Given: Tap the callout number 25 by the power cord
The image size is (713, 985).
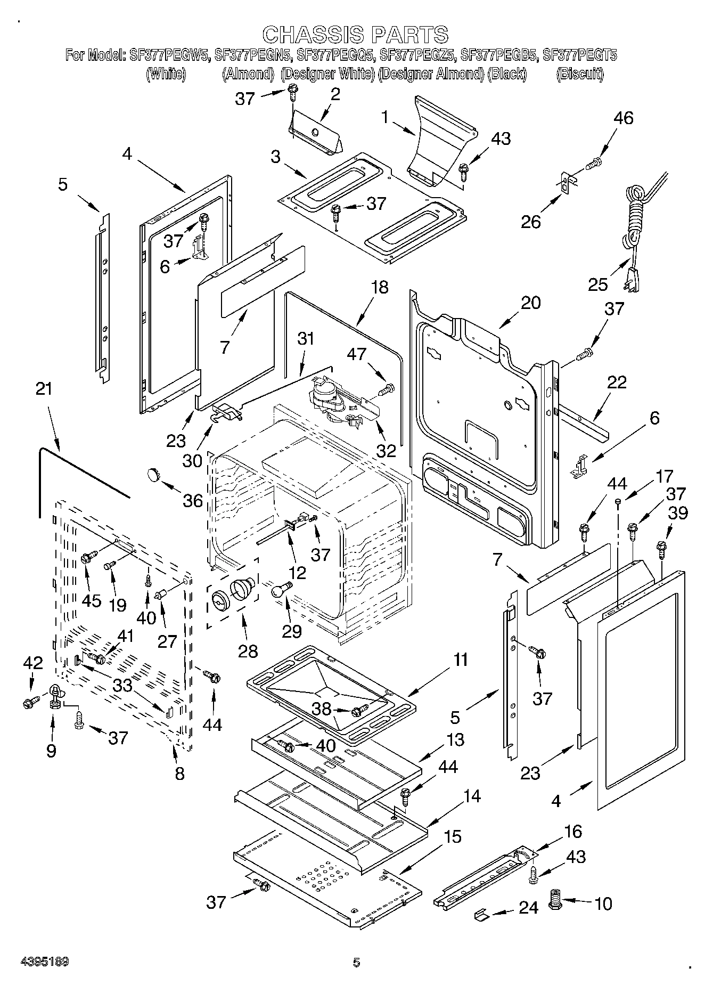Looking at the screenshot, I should pyautogui.click(x=598, y=284).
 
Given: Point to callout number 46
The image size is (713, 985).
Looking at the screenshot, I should pyautogui.click(x=624, y=118).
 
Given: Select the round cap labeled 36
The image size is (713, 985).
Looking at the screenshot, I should pyautogui.click(x=154, y=473).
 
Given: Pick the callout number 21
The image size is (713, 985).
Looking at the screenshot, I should pyautogui.click(x=44, y=389).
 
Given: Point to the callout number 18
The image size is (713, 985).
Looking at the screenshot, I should pyautogui.click(x=380, y=287).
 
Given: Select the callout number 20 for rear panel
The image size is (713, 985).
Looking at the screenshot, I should pyautogui.click(x=530, y=303).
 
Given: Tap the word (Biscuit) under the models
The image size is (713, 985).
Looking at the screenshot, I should pyautogui.click(x=580, y=74).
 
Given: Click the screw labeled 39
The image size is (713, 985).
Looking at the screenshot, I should pyautogui.click(x=662, y=548).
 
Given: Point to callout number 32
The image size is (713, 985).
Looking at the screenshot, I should pyautogui.click(x=387, y=450).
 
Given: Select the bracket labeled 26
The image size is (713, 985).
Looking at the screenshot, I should pyautogui.click(x=567, y=184).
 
